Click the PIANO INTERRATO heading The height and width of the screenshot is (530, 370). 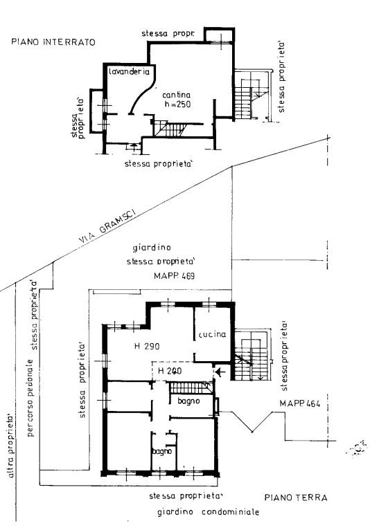[x=53, y=42]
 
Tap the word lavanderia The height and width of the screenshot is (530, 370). [x=130, y=72]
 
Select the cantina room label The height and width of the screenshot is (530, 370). [x=177, y=95]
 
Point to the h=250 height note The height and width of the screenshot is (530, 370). [x=177, y=104]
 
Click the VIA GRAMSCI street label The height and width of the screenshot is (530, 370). [x=107, y=226]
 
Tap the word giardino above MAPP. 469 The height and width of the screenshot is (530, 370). [x=152, y=248]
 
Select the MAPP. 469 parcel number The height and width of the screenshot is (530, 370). [x=175, y=276]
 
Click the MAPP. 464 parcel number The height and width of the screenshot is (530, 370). [x=300, y=403]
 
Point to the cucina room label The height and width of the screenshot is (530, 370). [x=212, y=334]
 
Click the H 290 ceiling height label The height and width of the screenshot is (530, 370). [x=147, y=346]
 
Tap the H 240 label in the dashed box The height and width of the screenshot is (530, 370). [x=170, y=371]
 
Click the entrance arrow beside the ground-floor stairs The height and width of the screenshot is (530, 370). [x=220, y=372]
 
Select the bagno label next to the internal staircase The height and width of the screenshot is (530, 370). [x=188, y=401]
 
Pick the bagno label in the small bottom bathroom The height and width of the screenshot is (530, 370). [x=162, y=451]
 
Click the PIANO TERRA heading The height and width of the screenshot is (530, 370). [x=296, y=497]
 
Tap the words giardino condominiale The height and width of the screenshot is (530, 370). [x=208, y=512]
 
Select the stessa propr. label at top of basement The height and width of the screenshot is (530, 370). [x=168, y=34]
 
